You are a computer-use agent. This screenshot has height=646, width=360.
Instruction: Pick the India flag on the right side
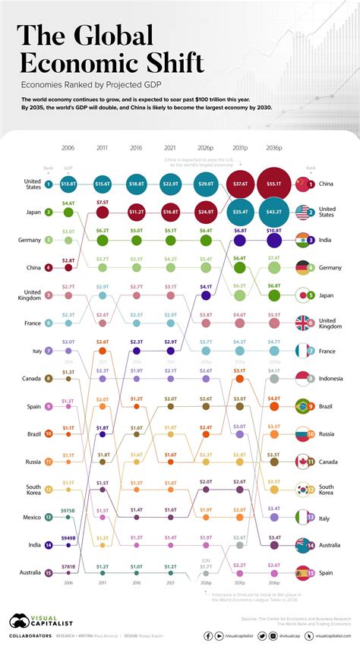(x=305, y=241)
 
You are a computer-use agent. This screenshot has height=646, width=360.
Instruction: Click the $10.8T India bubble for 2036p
(x=274, y=241)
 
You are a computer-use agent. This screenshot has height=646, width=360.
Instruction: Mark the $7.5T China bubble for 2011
(x=103, y=213)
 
